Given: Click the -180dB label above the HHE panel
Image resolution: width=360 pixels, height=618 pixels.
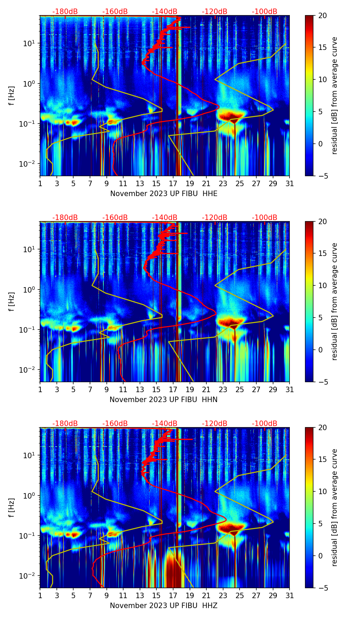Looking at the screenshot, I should pyautogui.click(x=65, y=12).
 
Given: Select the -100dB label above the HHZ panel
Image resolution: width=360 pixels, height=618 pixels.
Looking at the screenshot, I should pyautogui.click(x=265, y=424).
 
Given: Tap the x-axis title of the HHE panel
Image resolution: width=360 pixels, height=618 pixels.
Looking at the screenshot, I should pyautogui.click(x=164, y=194).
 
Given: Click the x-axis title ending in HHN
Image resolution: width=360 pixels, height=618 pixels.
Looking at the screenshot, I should pyautogui.click(x=164, y=400).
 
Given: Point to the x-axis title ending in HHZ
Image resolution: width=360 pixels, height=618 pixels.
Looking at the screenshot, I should pyautogui.click(x=164, y=606).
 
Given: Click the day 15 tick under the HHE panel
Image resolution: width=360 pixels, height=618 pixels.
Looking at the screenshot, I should pyautogui.click(x=156, y=184).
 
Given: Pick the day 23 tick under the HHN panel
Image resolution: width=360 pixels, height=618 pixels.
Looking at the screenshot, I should pyautogui.click(x=223, y=390).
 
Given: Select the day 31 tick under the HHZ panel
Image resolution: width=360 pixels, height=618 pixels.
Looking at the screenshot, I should pyautogui.click(x=290, y=596).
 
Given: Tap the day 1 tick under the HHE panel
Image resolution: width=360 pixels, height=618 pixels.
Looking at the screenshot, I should pyautogui.click(x=40, y=184).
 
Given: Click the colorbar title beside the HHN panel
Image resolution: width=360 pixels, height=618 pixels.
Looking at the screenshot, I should pyautogui.click(x=335, y=301).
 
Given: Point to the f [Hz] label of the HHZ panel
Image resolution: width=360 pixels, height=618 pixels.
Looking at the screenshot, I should pyautogui.click(x=12, y=507).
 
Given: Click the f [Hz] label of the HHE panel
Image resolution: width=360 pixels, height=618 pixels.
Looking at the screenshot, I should pyautogui.click(x=12, y=95).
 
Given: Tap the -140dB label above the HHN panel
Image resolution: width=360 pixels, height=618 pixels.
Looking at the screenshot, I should pyautogui.click(x=165, y=218).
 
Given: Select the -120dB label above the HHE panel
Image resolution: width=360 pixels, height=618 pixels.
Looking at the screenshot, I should pyautogui.click(x=215, y=12).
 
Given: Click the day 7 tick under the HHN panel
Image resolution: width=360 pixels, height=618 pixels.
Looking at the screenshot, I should pyautogui.click(x=90, y=390).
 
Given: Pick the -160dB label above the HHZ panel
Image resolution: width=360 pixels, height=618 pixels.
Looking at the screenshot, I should pyautogui.click(x=115, y=424).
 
